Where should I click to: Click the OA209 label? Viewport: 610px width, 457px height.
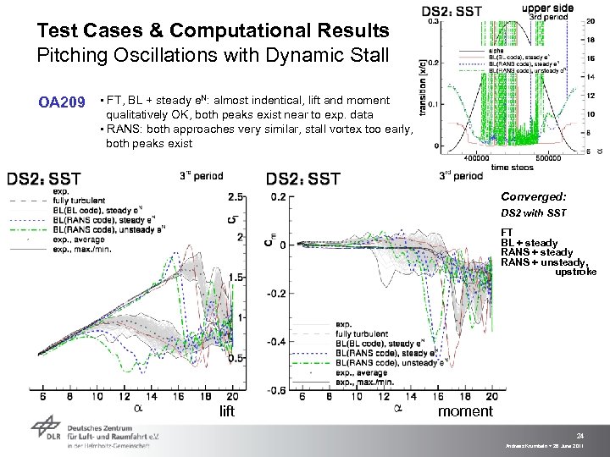62,103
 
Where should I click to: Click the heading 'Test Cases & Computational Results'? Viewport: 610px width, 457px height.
213,31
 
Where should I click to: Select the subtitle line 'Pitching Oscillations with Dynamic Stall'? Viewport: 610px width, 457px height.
213,57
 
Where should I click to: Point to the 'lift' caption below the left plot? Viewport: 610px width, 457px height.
227,411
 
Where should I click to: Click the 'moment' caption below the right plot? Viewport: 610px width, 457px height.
465,411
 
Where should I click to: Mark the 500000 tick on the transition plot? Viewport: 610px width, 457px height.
538,157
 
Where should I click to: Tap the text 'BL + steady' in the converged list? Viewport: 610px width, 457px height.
530,243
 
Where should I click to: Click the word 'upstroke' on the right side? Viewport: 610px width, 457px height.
575,272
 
